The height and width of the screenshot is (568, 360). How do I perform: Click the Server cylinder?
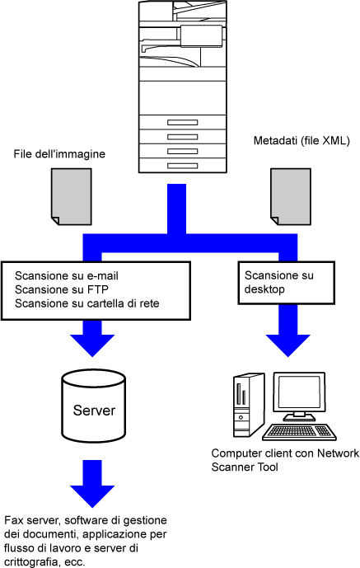(x=94, y=406)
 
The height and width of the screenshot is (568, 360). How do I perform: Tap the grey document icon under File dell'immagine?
(x=71, y=196)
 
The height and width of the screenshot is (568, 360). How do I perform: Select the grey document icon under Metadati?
(x=291, y=196)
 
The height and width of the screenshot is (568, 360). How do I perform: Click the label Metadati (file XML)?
(x=302, y=140)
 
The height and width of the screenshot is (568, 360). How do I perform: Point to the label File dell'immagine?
(x=59, y=154)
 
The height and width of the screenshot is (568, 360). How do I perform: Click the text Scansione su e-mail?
(x=67, y=275)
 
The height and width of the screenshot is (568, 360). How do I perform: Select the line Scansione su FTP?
(x=62, y=289)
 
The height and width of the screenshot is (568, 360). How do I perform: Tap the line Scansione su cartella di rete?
(x=86, y=303)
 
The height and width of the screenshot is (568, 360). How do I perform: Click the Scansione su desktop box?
(x=286, y=283)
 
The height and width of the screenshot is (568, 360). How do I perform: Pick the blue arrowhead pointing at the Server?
(x=92, y=345)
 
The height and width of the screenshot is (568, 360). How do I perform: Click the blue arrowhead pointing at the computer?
(x=288, y=345)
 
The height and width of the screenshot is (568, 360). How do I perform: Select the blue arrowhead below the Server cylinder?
(x=92, y=496)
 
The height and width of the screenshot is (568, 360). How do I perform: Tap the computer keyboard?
(x=299, y=431)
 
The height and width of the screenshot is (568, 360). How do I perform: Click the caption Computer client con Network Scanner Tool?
(x=285, y=460)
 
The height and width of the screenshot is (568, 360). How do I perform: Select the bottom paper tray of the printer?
(x=183, y=166)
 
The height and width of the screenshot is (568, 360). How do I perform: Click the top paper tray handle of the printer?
(x=182, y=123)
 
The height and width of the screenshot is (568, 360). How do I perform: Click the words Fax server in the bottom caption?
(x=32, y=520)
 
